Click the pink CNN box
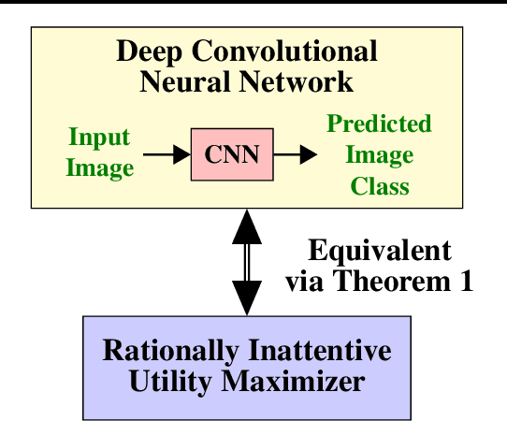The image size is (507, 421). pos(232,154)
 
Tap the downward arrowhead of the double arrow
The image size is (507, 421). pos(247,297)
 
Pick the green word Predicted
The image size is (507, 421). pos(379,124)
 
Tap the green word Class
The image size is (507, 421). pos(380,185)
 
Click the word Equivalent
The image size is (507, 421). pos(379,251)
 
